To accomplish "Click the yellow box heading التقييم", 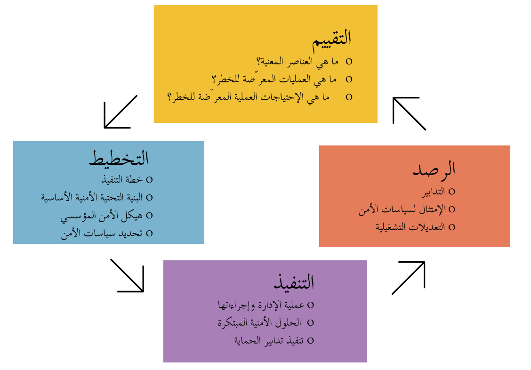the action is tap(331, 40).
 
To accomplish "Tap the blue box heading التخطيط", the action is tap(119, 158).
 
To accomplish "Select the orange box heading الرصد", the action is tap(434, 169).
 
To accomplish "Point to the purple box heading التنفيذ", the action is tap(294, 282).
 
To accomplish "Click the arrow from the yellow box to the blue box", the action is tap(121, 112).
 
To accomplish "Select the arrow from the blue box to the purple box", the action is tap(127, 275).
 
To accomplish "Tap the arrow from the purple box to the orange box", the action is tap(409, 278).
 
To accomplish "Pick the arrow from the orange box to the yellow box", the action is tap(409, 113).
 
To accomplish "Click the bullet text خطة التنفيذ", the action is tap(122, 179).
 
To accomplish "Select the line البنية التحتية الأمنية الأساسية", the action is tap(92, 197).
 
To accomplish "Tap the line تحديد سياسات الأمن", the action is tap(102, 233).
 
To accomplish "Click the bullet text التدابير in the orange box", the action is tap(434, 192).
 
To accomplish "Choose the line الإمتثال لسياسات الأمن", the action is tap(402, 209).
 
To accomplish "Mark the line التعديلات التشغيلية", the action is tap(410, 227).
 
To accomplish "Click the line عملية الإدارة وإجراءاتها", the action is tap(261, 306).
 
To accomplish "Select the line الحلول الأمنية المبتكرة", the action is tap(259, 323).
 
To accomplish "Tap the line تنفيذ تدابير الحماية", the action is tap(269, 340).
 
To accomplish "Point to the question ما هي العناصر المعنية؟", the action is tap(298, 62).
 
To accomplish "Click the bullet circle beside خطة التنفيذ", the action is tap(149, 180).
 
